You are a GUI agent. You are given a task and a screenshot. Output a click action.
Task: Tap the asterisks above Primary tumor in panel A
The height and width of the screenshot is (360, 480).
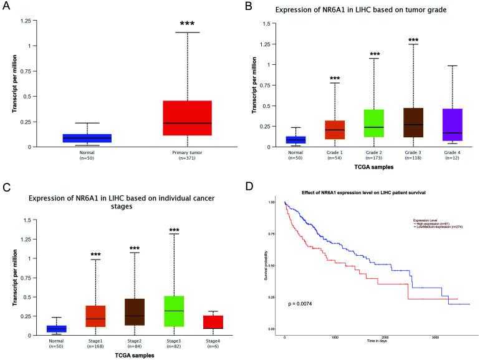pyautogui.click(x=187, y=24)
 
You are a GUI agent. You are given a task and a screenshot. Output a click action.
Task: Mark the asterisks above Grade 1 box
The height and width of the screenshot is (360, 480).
pyautogui.click(x=334, y=79)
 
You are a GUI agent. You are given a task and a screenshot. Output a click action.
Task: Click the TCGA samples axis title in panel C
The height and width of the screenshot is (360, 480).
pyautogui.click(x=136, y=356)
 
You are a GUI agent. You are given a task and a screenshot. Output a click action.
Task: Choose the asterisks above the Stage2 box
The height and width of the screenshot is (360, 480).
pyautogui.click(x=135, y=248)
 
